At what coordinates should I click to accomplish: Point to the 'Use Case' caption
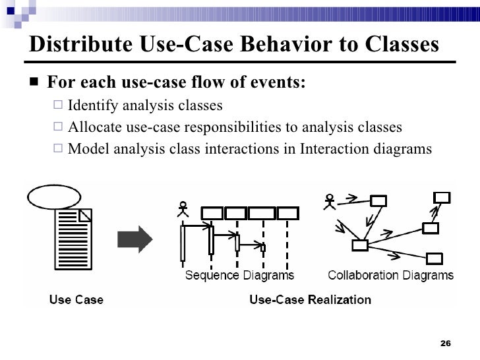pyautogui.click(x=77, y=300)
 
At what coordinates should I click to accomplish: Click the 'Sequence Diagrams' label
pyautogui.click(x=239, y=275)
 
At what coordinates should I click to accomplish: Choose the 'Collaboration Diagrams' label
pyautogui.click(x=390, y=275)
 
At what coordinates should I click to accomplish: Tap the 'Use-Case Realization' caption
pyautogui.click(x=310, y=300)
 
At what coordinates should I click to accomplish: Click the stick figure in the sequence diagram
pyautogui.click(x=183, y=209)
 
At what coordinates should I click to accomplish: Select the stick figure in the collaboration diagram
pyautogui.click(x=328, y=201)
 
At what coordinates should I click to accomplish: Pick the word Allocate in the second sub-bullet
pyautogui.click(x=93, y=127)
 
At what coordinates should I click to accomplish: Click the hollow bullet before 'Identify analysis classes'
pyautogui.click(x=57, y=105)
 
